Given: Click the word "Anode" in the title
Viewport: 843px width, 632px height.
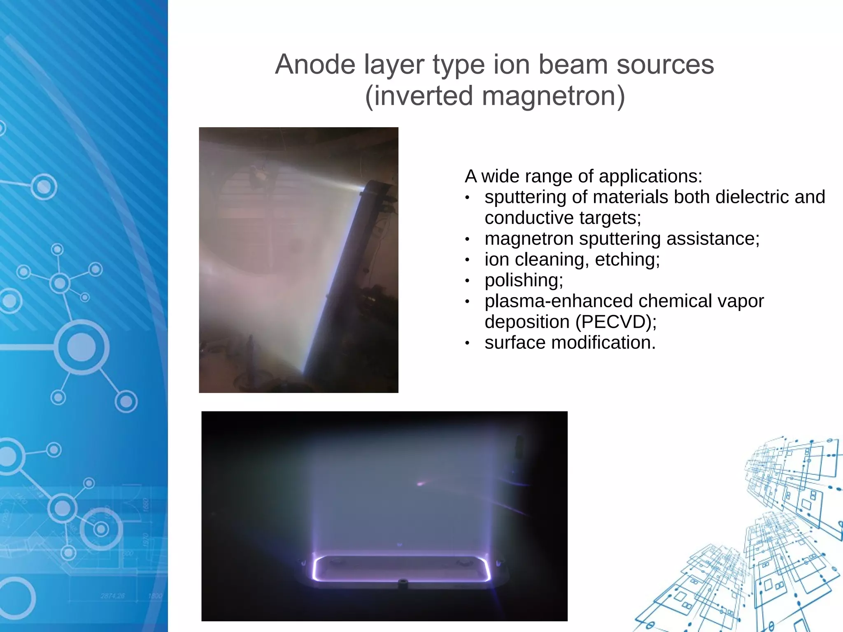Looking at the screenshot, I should pos(315,65).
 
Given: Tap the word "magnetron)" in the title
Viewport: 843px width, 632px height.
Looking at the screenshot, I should pos(553,96).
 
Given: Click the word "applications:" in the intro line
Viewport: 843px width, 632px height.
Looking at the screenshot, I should pos(650,177).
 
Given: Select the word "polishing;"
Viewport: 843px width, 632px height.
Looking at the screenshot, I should pos(524,281).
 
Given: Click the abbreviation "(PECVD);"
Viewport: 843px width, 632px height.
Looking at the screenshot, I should pos(616,322).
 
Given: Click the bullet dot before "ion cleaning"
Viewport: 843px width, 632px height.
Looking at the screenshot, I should pos(467,260).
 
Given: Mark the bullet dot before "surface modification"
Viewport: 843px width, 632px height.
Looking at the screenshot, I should pos(467,343).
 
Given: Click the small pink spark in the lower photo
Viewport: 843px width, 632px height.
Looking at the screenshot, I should pos(420,484).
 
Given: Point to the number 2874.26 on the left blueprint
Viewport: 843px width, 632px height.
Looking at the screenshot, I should pos(112,596).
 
